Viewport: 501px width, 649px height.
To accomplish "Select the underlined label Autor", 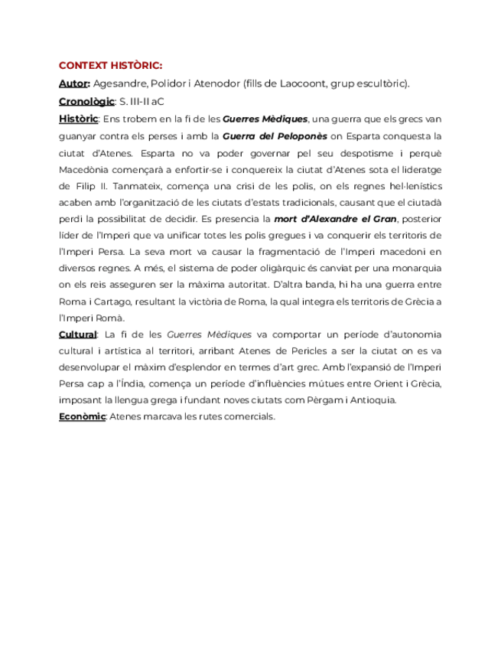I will [74, 83].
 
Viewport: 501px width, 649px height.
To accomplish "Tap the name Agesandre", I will [121, 83].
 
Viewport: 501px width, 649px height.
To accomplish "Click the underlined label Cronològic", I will [86, 101].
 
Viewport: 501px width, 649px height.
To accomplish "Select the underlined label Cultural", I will [78, 334].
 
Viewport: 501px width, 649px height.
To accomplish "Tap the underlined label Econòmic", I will [82, 416].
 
